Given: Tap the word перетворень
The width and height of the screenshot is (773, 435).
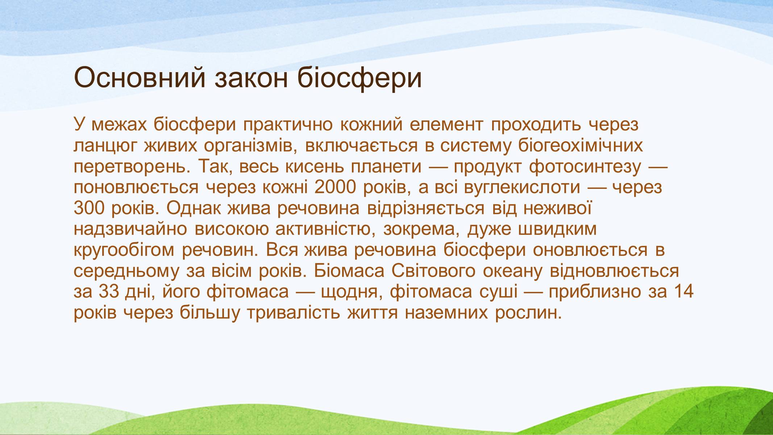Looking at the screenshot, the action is [x=133, y=167].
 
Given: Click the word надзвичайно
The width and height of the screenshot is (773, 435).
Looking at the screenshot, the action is [x=130, y=229].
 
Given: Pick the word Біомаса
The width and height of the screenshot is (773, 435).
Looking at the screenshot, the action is [x=349, y=271].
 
